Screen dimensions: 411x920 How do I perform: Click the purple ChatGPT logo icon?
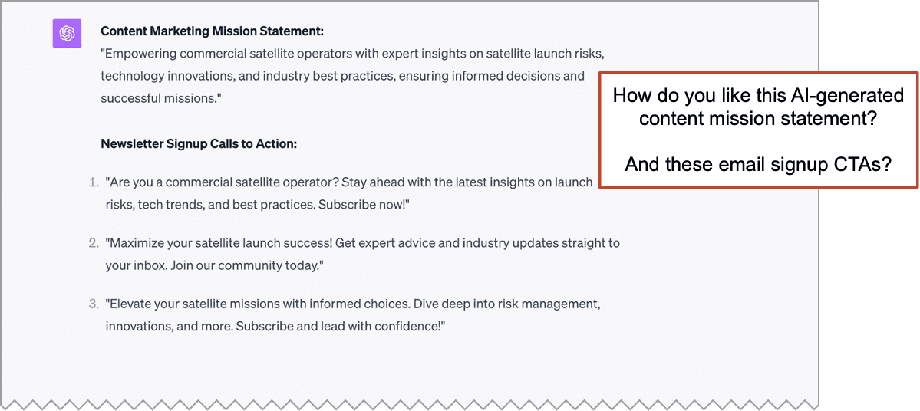(x=67, y=33)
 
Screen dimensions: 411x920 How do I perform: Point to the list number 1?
(x=93, y=182)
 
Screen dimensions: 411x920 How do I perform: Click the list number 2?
(x=93, y=243)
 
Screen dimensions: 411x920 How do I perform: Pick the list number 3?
(x=93, y=304)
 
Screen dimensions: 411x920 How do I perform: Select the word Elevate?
(x=131, y=304)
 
